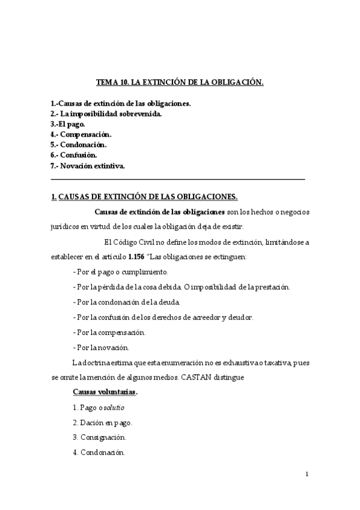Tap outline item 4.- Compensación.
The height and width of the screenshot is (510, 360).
point(81,134)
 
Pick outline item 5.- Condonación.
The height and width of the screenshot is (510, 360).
point(79,144)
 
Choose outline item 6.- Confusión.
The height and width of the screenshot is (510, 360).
point(74,155)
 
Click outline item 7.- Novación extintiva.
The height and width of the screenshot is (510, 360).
point(88,165)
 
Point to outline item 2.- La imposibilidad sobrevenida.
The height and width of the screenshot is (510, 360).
point(106,114)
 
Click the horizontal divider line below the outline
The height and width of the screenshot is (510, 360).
point(178,179)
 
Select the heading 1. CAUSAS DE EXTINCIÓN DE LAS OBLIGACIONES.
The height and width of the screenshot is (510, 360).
point(144,196)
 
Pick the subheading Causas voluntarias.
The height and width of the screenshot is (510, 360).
point(105,392)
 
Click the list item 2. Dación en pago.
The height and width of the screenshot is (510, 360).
point(102,423)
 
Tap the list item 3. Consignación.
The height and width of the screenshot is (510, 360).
point(99,438)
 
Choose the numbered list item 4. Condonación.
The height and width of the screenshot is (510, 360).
point(99,453)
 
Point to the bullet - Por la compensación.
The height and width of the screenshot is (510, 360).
point(109,332)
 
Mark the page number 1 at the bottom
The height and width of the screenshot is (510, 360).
point(307,475)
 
